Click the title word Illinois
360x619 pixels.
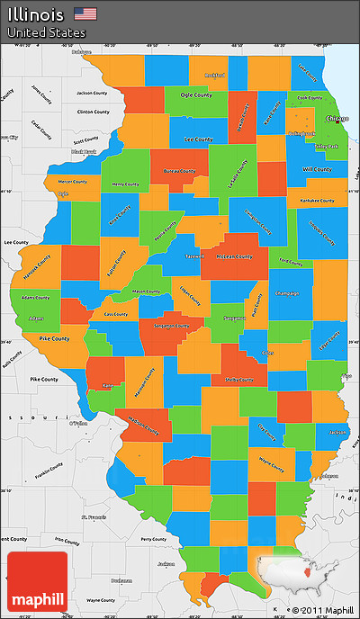point(36,14)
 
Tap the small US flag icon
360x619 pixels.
point(85,13)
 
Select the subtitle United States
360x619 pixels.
point(47,32)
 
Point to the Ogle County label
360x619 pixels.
point(196,94)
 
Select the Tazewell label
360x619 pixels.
point(194,256)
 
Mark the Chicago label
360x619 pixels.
point(337,118)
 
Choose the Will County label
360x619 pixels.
point(317,168)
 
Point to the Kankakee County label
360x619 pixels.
point(316,200)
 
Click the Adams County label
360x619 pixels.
point(36,297)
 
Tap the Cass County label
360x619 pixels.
point(115,314)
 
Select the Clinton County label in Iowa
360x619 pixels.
point(93,112)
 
